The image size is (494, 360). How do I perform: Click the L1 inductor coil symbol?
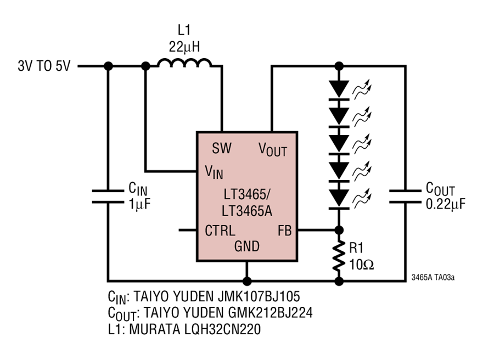pyautogui.click(x=184, y=63)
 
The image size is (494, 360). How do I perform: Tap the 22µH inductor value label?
pyautogui.click(x=184, y=47)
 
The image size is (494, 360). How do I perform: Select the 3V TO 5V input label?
pyautogui.click(x=44, y=66)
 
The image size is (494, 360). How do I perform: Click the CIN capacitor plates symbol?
pyautogui.click(x=108, y=196)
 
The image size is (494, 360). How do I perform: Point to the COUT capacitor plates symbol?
pyautogui.click(x=405, y=196)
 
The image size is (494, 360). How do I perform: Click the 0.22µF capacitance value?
pyautogui.click(x=445, y=204)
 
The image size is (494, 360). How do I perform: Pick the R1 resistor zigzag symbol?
pyautogui.click(x=339, y=256)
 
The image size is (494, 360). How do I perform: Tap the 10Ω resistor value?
pyautogui.click(x=361, y=265)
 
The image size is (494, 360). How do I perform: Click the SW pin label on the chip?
pyautogui.click(x=222, y=148)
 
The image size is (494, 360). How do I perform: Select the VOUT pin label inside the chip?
pyautogui.click(x=272, y=150)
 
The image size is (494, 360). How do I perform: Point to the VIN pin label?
pyautogui.click(x=214, y=172)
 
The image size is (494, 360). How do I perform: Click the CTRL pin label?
pyautogui.click(x=220, y=230)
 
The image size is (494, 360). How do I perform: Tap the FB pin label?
pyautogui.click(x=284, y=230)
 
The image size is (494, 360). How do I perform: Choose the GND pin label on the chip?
pyautogui.click(x=246, y=246)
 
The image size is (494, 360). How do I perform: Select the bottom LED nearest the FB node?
pyautogui.click(x=339, y=199)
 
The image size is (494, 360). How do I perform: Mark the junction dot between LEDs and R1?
pyautogui.click(x=339, y=230)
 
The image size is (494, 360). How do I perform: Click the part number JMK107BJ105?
pyautogui.click(x=259, y=296)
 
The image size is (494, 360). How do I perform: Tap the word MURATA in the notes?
pyautogui.click(x=155, y=329)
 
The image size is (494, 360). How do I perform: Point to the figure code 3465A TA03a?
pyautogui.click(x=433, y=278)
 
